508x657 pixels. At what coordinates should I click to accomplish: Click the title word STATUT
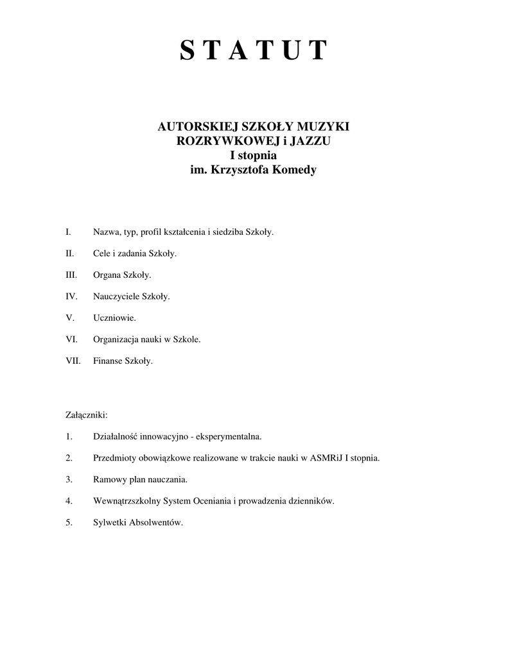point(254,50)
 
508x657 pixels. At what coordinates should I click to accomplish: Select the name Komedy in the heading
point(294,171)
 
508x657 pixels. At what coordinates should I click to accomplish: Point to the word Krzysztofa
point(241,171)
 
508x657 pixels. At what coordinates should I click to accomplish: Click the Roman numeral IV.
point(71,296)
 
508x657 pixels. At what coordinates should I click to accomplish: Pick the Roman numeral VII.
point(73,361)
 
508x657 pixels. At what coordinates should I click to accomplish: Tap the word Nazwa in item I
point(106,232)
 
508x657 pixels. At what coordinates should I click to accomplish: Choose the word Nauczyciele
point(116,296)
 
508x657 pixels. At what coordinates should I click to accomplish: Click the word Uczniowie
point(114,318)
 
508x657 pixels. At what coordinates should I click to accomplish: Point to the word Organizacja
point(116,339)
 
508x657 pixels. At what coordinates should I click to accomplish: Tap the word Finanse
point(107,361)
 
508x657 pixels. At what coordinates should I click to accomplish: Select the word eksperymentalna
point(229,437)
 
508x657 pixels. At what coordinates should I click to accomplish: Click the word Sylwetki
point(109,522)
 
